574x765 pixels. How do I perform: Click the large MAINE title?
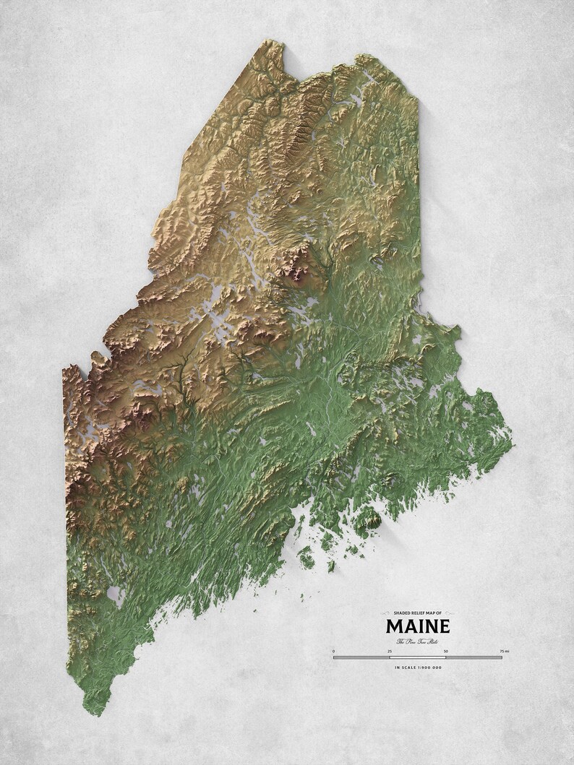coord(418,626)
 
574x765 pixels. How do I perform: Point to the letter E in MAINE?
coord(442,626)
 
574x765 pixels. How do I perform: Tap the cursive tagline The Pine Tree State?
coord(418,641)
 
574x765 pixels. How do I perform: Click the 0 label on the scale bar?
coord(334,652)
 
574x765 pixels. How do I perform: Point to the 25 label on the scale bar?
coord(390,652)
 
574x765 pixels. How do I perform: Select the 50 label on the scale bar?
coord(446,652)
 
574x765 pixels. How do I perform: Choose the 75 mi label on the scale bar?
coord(503,652)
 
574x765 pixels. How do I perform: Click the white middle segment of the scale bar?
coord(418,657)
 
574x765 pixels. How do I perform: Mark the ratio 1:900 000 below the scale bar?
coord(427,667)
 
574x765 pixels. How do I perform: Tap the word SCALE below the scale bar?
coord(407,667)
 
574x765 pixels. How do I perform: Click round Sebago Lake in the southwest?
coord(113,595)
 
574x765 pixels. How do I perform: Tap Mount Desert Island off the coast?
coord(369,517)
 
